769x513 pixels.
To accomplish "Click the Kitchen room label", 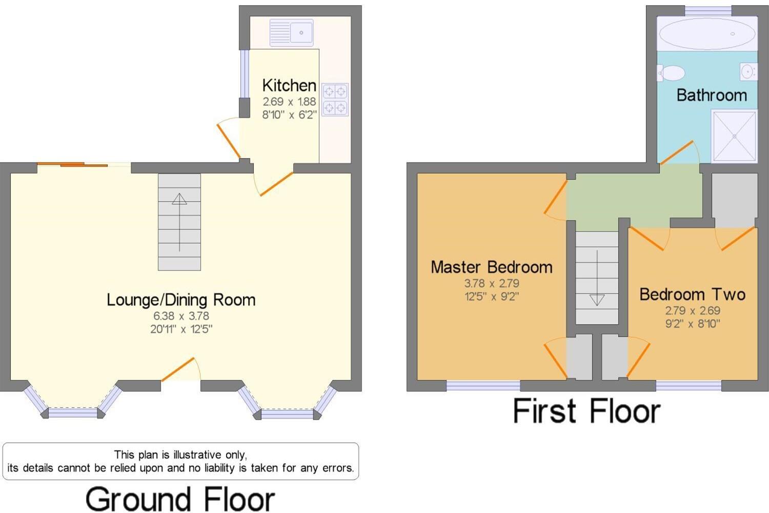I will pos(289,85).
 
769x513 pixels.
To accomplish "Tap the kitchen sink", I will pos(291,32).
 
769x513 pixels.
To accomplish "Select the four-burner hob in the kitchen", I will pos(335,100).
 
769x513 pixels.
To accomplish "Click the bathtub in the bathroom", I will pos(706,34).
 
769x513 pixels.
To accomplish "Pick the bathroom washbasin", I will pos(748,72).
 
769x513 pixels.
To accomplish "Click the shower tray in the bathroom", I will pos(734,136).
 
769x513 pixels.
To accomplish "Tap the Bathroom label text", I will pos(712,95).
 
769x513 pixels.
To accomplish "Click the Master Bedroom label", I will pos(491,267).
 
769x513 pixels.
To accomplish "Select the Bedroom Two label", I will pos(692,294).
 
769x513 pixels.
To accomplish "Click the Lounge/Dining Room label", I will pos(181,300).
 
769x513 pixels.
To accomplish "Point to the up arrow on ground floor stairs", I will pos(179,199).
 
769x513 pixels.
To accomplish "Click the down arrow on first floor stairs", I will pos(597,299).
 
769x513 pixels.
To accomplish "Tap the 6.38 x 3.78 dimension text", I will pos(181,316).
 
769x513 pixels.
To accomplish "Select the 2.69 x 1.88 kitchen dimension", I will pos(289,102).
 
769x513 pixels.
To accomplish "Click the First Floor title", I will pos(586,411).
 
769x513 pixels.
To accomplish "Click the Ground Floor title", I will pos(180,499).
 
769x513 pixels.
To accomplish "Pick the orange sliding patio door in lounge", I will pos(72,165).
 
